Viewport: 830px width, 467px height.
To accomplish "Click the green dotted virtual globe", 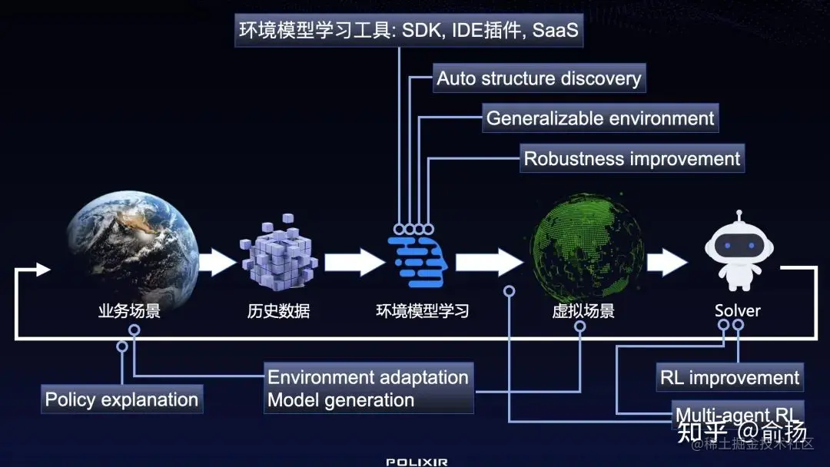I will point(586,246).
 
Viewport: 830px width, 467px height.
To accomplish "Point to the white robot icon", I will point(738,250).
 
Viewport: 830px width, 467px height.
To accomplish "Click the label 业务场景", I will point(129,311).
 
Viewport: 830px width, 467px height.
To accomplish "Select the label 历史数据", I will point(278,311).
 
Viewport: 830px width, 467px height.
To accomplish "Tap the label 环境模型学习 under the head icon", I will point(422,311).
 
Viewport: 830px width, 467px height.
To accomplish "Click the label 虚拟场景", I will point(583,311).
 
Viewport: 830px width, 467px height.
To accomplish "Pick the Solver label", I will point(737,311).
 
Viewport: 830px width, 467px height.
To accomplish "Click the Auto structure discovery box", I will point(538,78).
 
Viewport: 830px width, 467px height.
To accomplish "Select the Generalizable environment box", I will point(600,118).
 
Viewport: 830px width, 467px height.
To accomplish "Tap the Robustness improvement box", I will point(632,159).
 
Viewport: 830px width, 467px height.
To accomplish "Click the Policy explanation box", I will point(121,399).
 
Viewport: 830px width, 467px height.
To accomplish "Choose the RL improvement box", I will point(729,378).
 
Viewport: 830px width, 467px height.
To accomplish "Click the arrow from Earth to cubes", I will point(218,262).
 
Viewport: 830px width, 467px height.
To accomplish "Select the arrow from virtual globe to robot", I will point(666,262).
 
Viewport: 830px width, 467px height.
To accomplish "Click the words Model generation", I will point(340,400).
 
